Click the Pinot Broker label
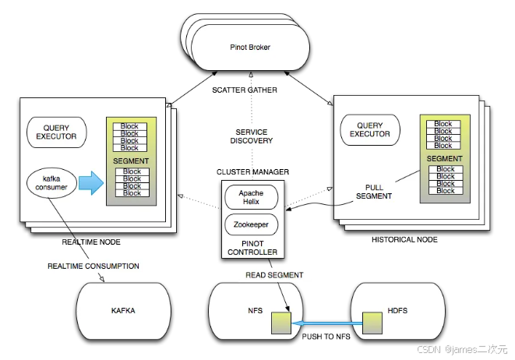(x=250, y=48)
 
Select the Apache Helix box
(x=251, y=197)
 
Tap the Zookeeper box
(x=251, y=224)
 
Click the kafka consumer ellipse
(x=51, y=183)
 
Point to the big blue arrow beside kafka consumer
(x=91, y=183)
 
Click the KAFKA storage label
(x=123, y=311)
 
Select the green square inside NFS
(x=281, y=323)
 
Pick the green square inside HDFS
(x=372, y=323)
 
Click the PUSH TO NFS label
(x=326, y=337)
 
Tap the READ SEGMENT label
(x=274, y=275)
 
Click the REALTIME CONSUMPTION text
(x=93, y=266)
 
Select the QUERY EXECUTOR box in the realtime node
(x=57, y=132)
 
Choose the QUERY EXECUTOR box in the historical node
(x=370, y=130)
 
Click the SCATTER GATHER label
(x=245, y=90)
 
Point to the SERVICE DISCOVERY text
(x=252, y=136)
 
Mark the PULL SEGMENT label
(x=374, y=192)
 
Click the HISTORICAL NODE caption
(x=404, y=240)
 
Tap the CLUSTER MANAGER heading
(x=252, y=171)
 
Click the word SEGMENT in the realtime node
(x=131, y=161)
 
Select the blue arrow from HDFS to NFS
(x=327, y=323)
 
